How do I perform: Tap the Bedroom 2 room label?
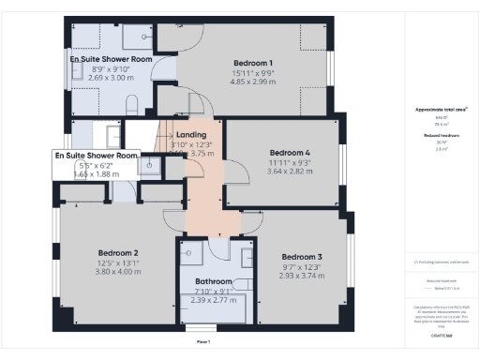118,252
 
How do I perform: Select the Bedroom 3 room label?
302,257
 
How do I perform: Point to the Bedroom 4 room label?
289,152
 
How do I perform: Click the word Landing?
191,135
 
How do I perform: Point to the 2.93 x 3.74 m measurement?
302,275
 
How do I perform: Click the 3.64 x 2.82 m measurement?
289,171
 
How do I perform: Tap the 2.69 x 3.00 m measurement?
111,78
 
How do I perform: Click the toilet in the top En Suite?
132,102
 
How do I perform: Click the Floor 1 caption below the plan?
202,343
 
